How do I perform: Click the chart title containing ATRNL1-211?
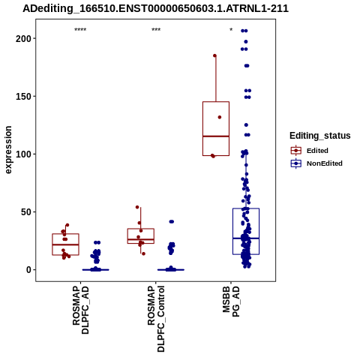click(155, 8)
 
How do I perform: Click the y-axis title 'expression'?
click(8, 150)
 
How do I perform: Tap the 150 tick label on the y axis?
click(23, 96)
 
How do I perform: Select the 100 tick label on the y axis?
click(23, 154)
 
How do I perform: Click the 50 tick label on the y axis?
click(26, 212)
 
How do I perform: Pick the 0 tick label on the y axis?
click(28, 270)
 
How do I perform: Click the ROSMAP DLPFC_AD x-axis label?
click(80, 310)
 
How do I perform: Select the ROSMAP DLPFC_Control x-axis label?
click(156, 319)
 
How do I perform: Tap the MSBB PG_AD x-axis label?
click(231, 301)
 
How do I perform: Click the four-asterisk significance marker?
click(80, 30)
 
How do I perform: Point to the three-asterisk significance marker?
click(156, 30)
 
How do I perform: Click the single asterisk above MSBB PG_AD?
click(231, 30)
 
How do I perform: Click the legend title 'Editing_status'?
click(320, 136)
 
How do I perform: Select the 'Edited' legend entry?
click(309, 151)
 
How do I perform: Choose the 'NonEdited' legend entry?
click(316, 163)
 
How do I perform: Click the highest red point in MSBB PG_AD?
click(214, 55)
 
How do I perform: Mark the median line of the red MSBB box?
click(216, 136)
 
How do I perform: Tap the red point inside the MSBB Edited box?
click(220, 117)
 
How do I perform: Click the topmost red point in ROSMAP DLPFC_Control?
click(137, 207)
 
